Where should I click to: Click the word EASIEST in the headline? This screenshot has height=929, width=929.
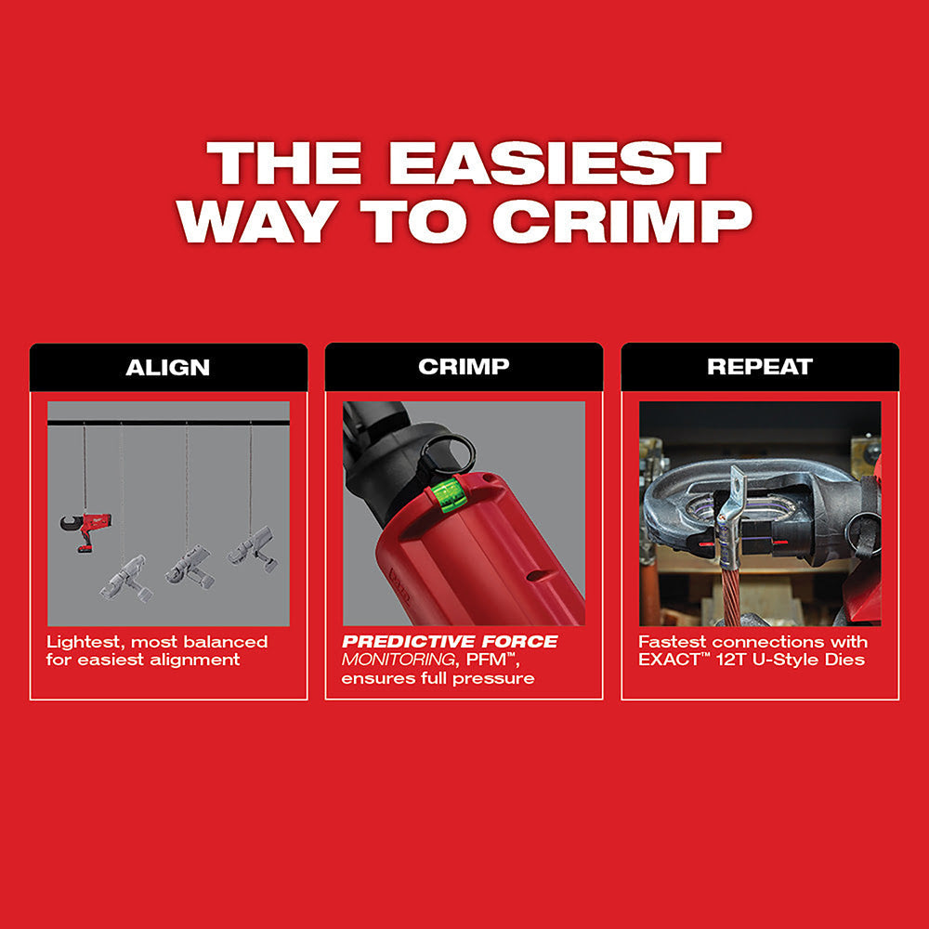click(555, 164)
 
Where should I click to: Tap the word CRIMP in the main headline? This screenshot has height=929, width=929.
click(622, 221)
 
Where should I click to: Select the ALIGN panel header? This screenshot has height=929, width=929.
click(168, 367)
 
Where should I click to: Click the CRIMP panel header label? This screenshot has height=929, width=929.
click(464, 367)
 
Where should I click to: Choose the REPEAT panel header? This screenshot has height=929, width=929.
click(759, 367)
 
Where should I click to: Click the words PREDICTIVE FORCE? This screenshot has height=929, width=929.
click(450, 642)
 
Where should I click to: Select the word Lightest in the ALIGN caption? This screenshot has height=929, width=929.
click(82, 642)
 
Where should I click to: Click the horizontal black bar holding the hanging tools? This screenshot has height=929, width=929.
click(168, 423)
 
